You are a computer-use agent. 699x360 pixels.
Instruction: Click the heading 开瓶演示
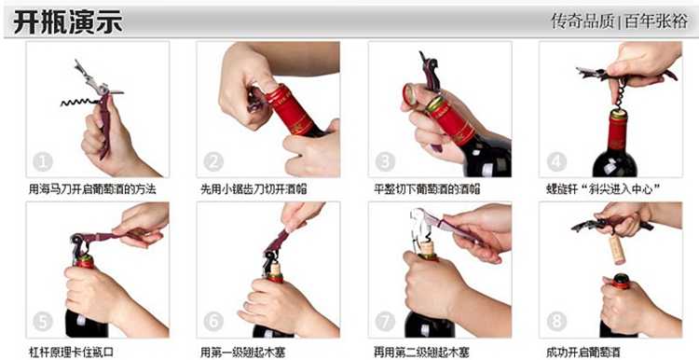[x=68, y=22]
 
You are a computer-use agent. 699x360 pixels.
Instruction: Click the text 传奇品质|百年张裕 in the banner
[x=620, y=21]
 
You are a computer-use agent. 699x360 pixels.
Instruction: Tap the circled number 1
[x=43, y=162]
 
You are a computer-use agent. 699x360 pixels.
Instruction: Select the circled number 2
[x=213, y=162]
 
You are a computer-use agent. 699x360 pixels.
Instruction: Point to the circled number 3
[x=385, y=162]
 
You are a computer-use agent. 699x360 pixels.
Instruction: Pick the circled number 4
[x=556, y=162]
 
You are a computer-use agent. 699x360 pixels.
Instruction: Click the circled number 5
[x=43, y=322]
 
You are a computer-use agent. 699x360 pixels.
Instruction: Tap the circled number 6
[x=213, y=322]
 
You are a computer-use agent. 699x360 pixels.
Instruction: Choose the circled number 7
[x=385, y=322]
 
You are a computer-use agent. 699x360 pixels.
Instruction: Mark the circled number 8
[x=556, y=322]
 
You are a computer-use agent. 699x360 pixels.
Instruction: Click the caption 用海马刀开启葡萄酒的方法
[x=92, y=189]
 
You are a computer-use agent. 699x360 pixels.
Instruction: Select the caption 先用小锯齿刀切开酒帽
[x=254, y=189]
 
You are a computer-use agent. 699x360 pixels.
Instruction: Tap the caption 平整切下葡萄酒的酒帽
[x=427, y=189]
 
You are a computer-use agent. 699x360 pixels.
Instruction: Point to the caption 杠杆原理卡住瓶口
[x=71, y=352]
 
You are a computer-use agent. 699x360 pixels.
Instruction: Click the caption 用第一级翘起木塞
[x=242, y=353]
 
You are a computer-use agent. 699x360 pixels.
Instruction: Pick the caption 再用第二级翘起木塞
[x=421, y=353]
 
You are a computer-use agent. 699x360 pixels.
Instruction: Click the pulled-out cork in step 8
[x=617, y=249]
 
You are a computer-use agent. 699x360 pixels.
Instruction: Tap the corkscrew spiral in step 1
[x=79, y=103]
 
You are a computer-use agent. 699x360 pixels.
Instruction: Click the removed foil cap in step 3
[x=410, y=94]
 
